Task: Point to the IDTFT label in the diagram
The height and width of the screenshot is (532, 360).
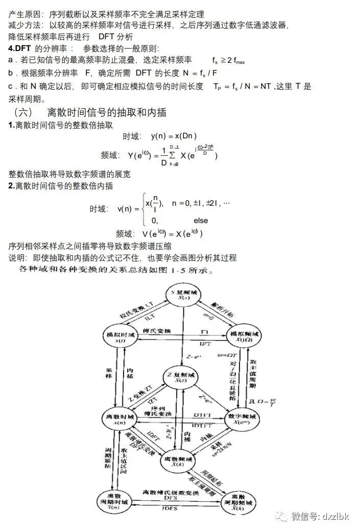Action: pyautogui.click(x=203, y=425)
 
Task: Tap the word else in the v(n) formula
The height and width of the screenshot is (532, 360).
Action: pyautogui.click(x=201, y=221)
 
